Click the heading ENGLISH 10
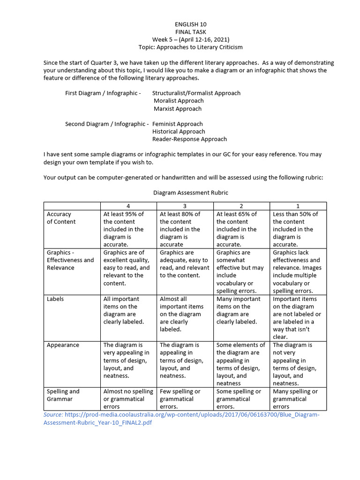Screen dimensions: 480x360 (190, 24)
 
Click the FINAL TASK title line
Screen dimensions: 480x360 (190, 32)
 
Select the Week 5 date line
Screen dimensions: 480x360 (190, 40)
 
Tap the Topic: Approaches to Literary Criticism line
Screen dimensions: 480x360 (190, 47)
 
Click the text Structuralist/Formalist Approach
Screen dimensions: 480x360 (196, 93)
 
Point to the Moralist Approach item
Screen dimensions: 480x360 (179, 101)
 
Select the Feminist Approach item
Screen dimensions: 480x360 (177, 124)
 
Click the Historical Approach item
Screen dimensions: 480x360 (179, 132)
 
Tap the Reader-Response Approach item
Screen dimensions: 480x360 (189, 139)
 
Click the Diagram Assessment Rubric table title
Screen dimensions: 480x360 (190, 193)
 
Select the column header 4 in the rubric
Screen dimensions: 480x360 (128, 206)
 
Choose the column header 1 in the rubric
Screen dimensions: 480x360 (298, 206)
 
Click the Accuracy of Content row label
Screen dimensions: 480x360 (61, 218)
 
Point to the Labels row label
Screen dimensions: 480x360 (55, 299)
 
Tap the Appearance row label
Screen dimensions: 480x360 (63, 345)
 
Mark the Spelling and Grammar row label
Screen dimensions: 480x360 (63, 395)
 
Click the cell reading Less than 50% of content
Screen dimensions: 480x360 (295, 229)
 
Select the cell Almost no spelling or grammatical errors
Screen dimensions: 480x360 (128, 399)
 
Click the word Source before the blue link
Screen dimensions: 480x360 (53, 415)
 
